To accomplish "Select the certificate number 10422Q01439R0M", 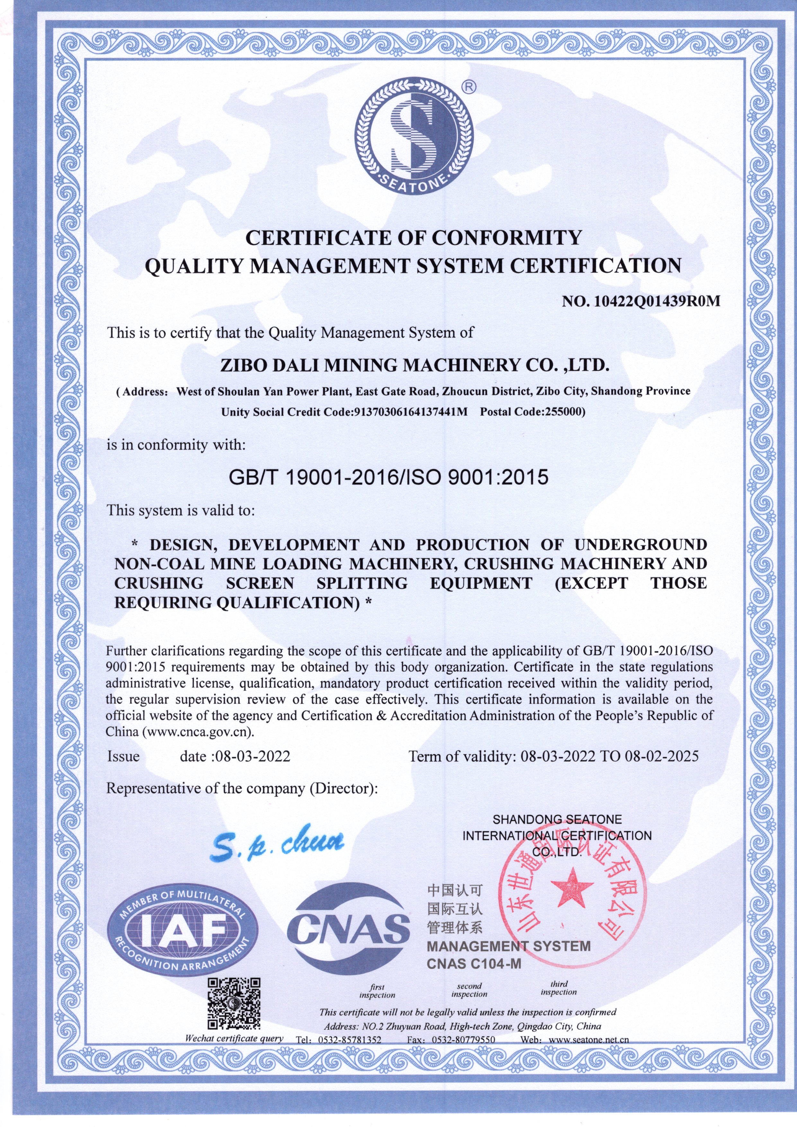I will click(657, 301).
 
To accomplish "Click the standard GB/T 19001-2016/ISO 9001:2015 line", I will click(388, 477).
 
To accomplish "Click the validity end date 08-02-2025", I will click(661, 756).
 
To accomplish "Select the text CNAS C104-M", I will click(474, 964).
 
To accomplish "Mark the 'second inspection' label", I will click(469, 990).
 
